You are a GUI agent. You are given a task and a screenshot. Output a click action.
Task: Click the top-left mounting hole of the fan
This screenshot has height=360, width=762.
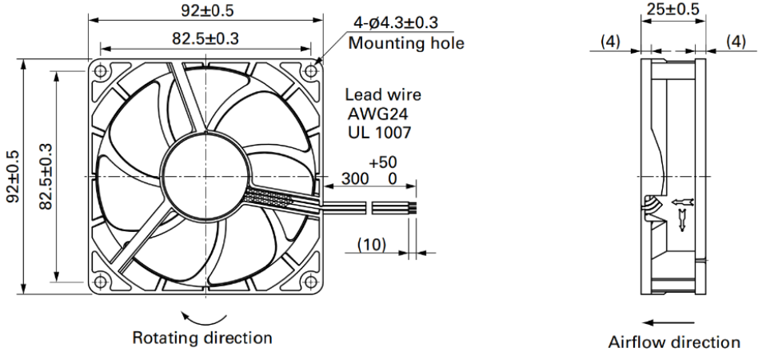pos(101,71)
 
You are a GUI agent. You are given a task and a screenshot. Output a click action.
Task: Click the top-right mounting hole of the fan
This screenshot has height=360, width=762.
pos(310,71)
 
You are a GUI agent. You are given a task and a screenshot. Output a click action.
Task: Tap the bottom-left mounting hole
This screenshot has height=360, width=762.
pos(101,281)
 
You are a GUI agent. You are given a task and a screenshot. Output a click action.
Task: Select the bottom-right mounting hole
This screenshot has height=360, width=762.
pos(310,281)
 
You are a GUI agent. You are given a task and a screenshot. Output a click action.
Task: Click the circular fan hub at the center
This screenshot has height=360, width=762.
pos(205,176)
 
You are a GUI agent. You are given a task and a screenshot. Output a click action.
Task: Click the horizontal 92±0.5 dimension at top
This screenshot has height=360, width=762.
pos(208,10)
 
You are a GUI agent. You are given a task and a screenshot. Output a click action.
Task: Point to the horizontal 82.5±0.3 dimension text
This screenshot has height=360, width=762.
pos(205,38)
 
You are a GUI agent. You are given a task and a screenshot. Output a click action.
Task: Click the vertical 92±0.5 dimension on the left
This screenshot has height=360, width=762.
pos(13,176)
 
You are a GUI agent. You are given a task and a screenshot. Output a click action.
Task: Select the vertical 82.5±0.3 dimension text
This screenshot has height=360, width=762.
pos(46,176)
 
